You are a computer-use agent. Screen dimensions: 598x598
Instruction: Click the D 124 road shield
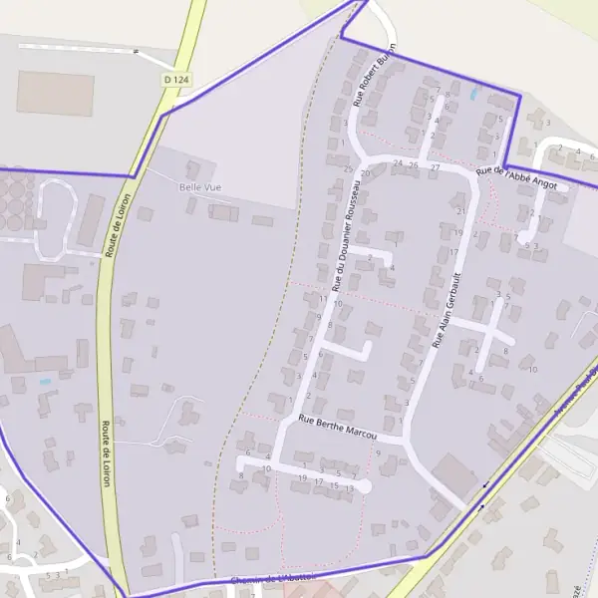coord(175,78)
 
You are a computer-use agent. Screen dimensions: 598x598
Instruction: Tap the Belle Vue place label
coord(199,187)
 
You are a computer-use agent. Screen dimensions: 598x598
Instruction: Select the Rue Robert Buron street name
coord(376,74)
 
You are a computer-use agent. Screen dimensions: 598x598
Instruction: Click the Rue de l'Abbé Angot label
coord(516,175)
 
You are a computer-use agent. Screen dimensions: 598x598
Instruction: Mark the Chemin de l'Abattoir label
coord(272,579)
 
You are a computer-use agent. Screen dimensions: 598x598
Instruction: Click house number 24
coord(399,162)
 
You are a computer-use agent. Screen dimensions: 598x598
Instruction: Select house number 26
coord(414,163)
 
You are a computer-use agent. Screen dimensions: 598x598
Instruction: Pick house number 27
coord(436,167)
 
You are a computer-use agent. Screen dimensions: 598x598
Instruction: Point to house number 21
coord(459,211)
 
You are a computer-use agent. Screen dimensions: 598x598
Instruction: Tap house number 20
coord(365,172)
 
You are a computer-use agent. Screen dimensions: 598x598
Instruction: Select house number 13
coord(350,485)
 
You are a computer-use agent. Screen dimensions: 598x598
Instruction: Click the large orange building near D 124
coord(55,93)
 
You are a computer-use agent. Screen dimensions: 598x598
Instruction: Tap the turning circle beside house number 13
coord(366,486)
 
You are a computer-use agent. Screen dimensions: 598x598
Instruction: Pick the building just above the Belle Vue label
coord(200,168)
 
